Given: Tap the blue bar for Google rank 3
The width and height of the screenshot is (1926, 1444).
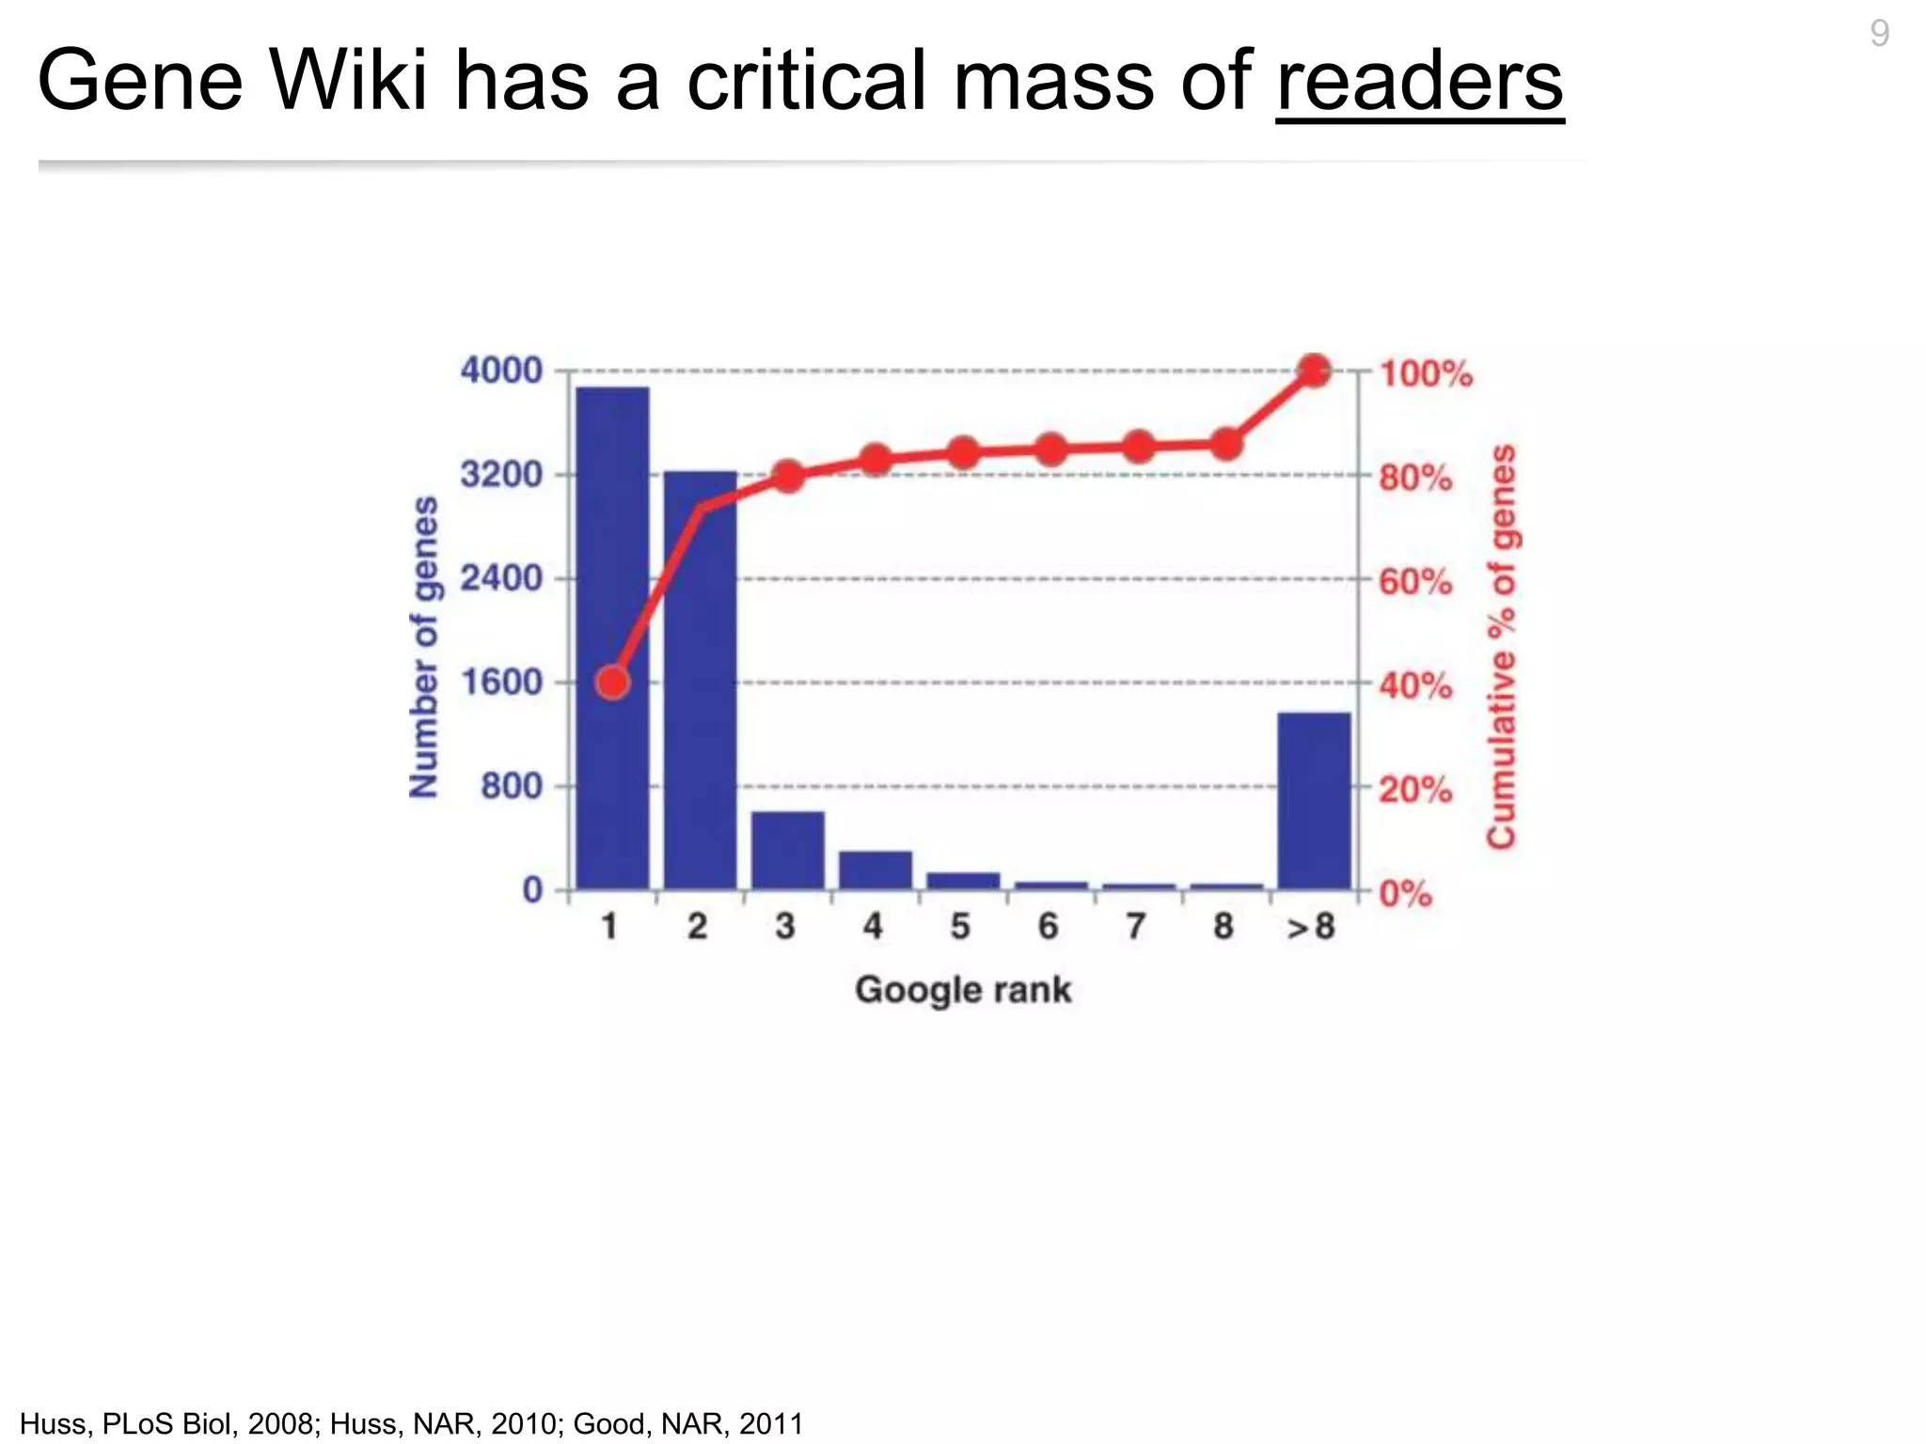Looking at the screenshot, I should pos(787,850).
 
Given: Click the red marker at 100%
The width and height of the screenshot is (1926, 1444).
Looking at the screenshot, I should pos(1314,370).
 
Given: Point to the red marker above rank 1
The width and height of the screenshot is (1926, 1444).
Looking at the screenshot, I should pos(613,683).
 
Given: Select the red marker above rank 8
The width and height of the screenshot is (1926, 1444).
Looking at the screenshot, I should pos(1225,445).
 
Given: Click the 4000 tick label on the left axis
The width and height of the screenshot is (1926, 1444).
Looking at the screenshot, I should pos(501,370).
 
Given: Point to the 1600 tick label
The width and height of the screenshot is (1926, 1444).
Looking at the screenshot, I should pos(501,683).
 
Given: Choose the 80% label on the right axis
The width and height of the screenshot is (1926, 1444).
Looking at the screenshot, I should pos(1415,478).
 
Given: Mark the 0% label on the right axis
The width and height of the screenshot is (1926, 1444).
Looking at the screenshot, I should pos(1406,893).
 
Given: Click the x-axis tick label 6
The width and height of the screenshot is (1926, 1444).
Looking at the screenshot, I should pos(1048,927).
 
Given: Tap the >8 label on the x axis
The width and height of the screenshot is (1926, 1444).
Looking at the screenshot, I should pos(1311,928).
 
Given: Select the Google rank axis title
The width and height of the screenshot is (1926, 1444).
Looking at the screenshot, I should pos(963,990).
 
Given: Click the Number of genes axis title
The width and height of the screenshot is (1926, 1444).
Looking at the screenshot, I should pos(425,647).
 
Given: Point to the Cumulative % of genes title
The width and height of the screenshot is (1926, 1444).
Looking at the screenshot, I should pos(1503,647).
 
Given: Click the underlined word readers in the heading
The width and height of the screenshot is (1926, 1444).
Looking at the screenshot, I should pos(1419,81).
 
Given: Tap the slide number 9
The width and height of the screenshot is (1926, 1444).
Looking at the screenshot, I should pos(1879,34).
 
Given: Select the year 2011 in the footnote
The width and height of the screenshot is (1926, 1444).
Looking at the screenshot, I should pos(771,1423).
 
